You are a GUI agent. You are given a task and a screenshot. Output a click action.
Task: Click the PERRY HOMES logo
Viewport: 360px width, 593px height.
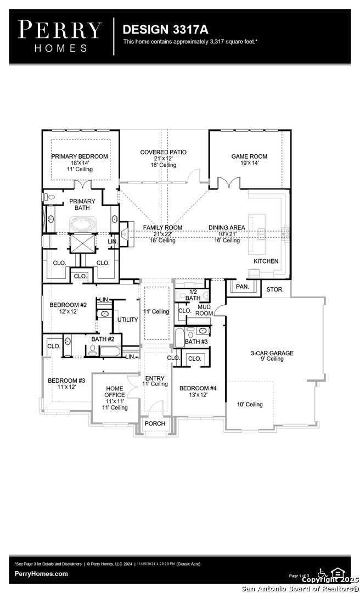(60, 36)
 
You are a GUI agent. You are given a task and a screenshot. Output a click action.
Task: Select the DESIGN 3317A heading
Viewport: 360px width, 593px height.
(157, 29)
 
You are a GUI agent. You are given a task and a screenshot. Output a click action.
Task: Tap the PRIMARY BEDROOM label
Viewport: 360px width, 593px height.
(80, 156)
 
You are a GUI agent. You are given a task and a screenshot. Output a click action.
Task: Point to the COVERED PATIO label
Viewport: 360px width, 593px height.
(163, 152)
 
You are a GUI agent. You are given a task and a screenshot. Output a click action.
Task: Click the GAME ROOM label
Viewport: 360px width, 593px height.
(249, 156)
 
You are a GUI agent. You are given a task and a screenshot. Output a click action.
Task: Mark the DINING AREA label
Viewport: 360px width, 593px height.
(227, 227)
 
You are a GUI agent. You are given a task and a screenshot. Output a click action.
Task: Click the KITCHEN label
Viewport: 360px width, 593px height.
(266, 261)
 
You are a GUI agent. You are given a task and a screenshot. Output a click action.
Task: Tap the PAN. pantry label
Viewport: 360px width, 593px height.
(241, 287)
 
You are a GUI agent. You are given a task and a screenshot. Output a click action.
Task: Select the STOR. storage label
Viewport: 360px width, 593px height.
(275, 289)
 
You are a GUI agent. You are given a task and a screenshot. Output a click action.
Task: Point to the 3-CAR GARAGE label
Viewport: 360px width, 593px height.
(272, 353)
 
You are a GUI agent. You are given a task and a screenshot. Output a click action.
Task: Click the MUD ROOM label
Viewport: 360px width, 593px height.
(205, 310)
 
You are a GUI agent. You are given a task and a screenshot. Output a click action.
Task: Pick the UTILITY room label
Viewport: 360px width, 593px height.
(127, 320)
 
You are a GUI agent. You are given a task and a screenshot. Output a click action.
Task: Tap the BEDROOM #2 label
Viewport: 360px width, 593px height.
(68, 305)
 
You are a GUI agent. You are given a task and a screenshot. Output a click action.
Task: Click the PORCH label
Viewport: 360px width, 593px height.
(154, 424)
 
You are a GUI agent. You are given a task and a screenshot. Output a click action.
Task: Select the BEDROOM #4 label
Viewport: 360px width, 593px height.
(198, 388)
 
